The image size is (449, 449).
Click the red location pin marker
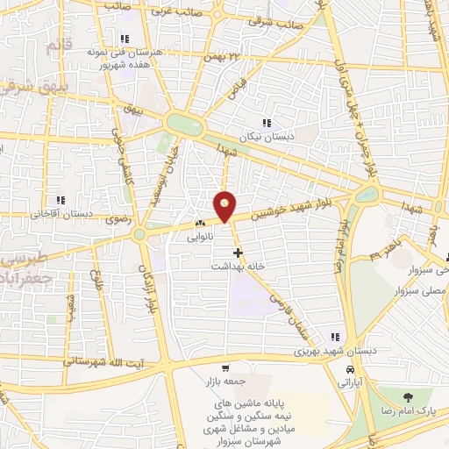pyautogui.click(x=225, y=205)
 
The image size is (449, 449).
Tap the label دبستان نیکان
pyautogui.click(x=267, y=137)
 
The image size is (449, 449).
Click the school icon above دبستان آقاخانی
pyautogui.click(x=61, y=199)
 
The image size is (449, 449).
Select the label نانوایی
pyautogui.click(x=199, y=236)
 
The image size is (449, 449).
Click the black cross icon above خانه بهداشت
pyautogui.click(x=238, y=252)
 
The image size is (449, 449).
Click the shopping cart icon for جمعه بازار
pyautogui.click(x=225, y=368)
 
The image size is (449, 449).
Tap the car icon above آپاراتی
pyautogui.click(x=350, y=370)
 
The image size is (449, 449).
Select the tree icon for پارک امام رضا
pyautogui.click(x=405, y=399)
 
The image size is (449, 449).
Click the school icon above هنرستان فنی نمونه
pyautogui.click(x=125, y=39)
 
